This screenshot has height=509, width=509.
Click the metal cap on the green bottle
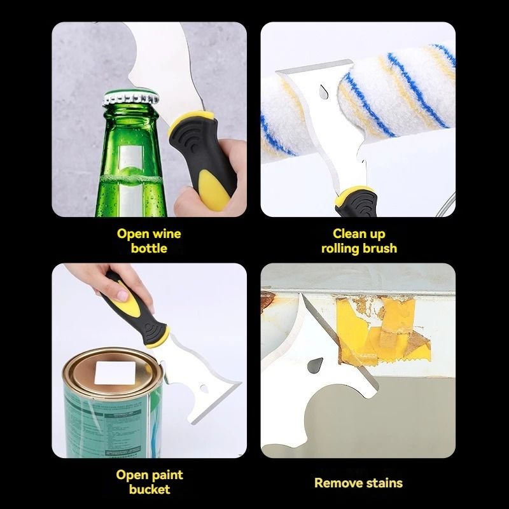click(x=131, y=99)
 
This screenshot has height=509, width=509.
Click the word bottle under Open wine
click(x=149, y=248)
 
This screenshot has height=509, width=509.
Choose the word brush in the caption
click(x=380, y=248)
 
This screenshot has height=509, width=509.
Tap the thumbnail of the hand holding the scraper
click(x=102, y=277)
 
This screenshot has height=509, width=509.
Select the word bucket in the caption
click(x=149, y=489)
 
